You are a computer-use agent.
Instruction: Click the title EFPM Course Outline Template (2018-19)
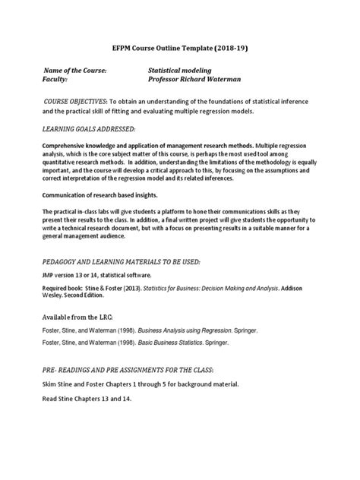pyautogui.click(x=180, y=47)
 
